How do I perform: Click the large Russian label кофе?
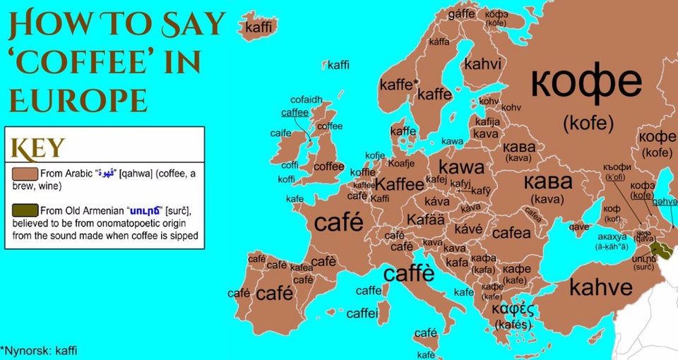586,83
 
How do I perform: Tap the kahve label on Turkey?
601,287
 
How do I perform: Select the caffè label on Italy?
409,272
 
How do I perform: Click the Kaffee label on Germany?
399,184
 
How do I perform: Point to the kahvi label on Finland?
482,64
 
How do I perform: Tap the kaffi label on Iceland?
258,27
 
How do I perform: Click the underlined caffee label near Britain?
295,112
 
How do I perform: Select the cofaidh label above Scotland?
306,100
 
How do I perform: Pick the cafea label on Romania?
511,232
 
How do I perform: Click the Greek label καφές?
513,310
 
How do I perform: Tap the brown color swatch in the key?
25,173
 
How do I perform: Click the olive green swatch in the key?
25,210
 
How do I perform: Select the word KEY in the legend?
37,148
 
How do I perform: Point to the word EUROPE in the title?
78,100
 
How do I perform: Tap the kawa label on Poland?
461,167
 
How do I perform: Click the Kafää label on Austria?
426,220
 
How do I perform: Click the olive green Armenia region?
662,248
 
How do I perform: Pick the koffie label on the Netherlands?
363,172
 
